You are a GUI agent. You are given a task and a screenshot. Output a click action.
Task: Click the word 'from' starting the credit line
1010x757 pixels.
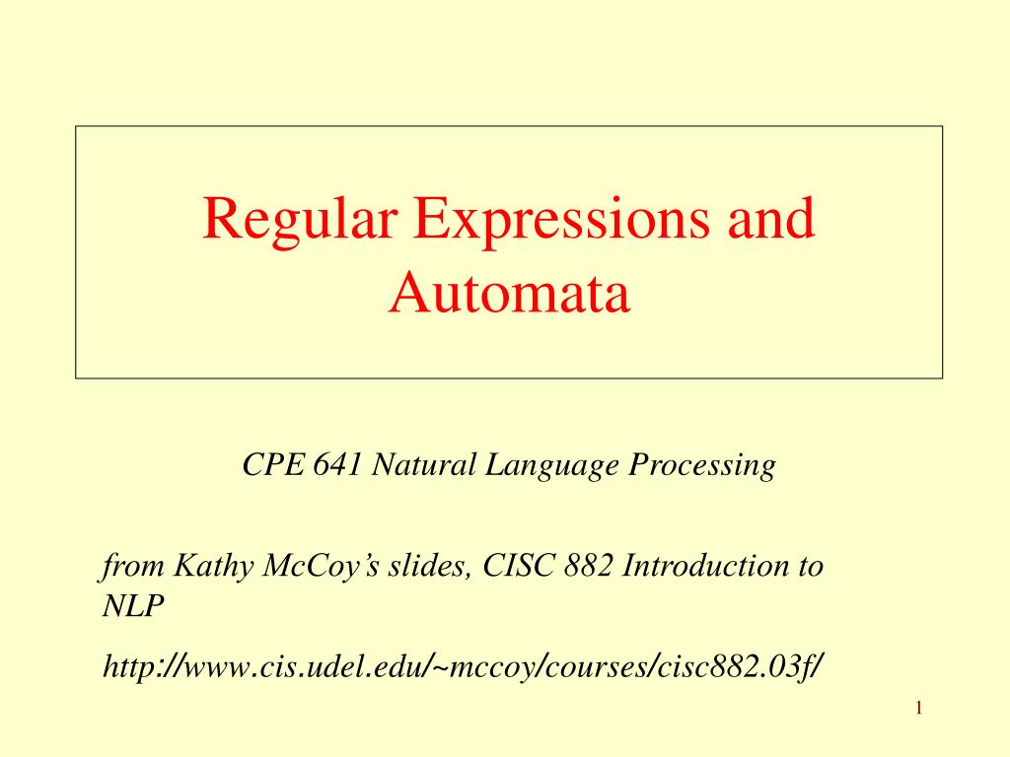(124, 567)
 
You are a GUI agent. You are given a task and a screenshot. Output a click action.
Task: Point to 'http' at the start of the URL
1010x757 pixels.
(127, 668)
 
